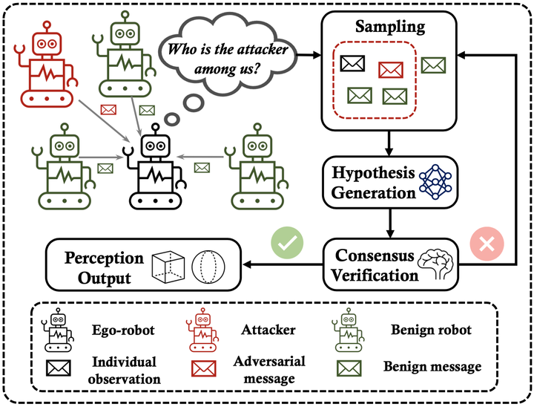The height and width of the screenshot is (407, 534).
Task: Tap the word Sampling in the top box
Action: coord(389,27)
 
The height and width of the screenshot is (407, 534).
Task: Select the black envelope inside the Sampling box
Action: coord(353,65)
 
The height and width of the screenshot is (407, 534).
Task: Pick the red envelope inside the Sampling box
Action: coord(390,70)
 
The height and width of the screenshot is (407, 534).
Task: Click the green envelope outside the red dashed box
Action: coord(433,65)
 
